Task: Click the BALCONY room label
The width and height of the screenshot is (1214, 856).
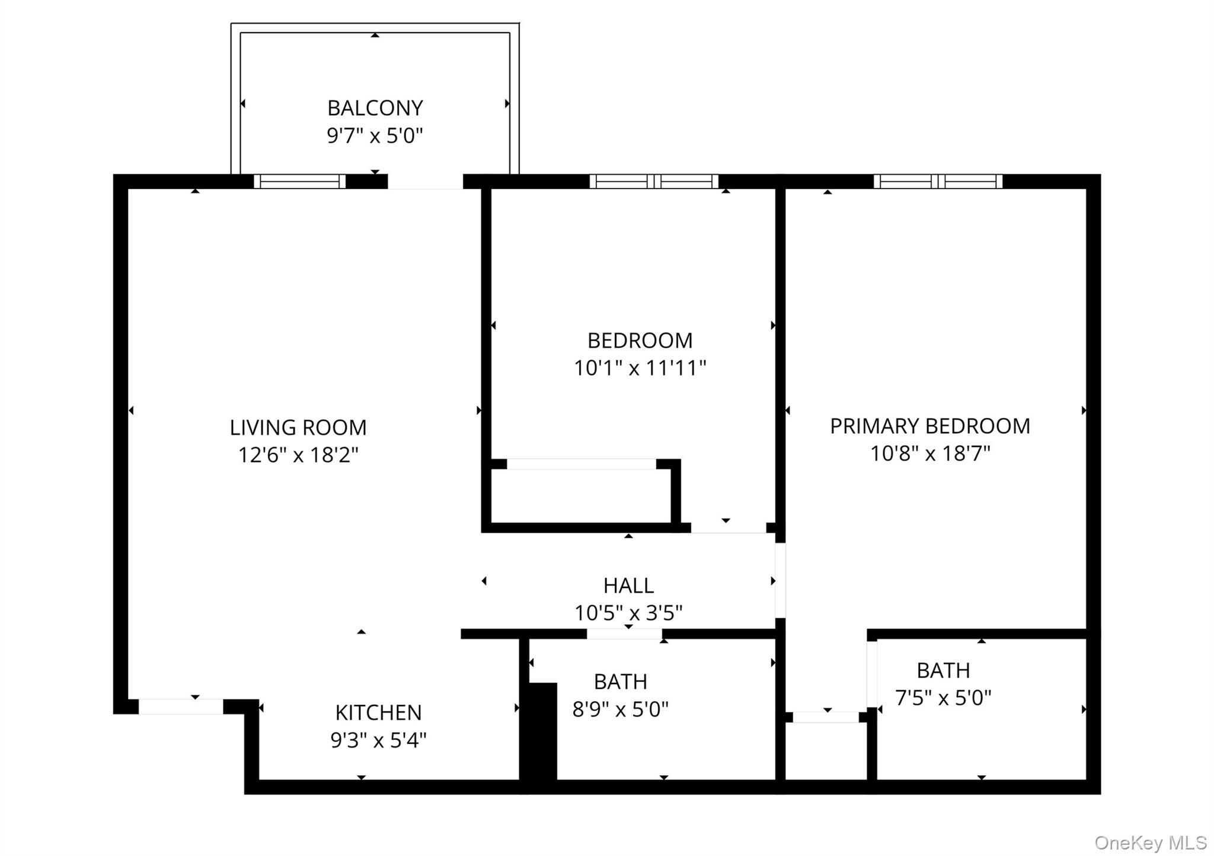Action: tap(375, 108)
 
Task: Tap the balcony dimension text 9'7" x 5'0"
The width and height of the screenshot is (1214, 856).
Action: tap(375, 136)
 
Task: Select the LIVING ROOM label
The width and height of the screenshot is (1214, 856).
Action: tap(298, 427)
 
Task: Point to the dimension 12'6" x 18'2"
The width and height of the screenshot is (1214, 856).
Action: tap(298, 455)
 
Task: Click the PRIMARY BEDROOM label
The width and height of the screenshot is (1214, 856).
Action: tap(929, 426)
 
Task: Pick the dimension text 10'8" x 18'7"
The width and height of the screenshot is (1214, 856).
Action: tap(929, 454)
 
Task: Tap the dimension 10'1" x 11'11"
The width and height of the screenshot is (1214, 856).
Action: tap(640, 368)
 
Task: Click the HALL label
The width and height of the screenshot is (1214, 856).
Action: tap(628, 586)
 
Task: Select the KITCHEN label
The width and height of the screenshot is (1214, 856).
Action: tap(378, 713)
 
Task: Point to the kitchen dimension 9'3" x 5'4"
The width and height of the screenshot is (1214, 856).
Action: tap(378, 740)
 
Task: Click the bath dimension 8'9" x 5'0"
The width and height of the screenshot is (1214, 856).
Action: tap(620, 709)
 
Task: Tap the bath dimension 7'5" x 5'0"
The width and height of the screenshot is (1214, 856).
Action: tap(943, 698)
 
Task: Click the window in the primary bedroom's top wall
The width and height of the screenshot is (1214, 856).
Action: tap(938, 181)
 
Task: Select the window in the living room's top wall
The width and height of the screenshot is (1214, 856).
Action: tap(300, 181)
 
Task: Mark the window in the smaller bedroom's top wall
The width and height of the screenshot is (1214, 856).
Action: tap(654, 181)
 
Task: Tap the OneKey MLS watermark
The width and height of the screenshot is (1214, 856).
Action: tap(1150, 842)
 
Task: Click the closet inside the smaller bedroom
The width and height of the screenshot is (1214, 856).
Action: tap(581, 496)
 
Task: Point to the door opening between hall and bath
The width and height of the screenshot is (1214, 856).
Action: tap(624, 634)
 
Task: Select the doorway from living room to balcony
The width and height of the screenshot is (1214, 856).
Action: tap(425, 182)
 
